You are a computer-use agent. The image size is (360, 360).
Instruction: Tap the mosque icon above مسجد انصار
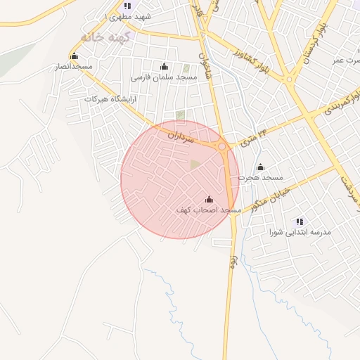click(74, 56)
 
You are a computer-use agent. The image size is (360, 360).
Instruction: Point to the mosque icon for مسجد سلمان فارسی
click(165, 66)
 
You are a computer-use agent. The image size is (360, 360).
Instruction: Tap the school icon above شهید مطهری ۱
click(127, 6)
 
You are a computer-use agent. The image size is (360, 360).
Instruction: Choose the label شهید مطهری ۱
click(127, 15)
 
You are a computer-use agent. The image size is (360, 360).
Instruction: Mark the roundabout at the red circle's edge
click(223, 147)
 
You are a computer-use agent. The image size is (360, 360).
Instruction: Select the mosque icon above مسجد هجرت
click(260, 167)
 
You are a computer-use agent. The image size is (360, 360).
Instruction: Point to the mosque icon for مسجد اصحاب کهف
click(209, 200)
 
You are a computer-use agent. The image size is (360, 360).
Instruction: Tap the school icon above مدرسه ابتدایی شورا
click(300, 221)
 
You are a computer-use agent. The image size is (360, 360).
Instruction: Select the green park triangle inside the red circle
click(195, 165)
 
